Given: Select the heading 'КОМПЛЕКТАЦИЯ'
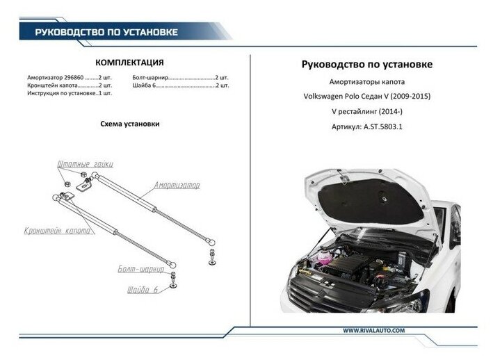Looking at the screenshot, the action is click(129, 61).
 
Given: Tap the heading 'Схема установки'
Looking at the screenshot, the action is click(130, 123).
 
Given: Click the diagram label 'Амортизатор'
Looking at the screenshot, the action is click(177, 187).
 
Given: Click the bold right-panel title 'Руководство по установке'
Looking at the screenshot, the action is click(366, 64).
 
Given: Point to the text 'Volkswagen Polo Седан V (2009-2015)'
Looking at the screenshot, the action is click(366, 96).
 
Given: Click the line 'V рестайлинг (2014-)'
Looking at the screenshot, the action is click(366, 112).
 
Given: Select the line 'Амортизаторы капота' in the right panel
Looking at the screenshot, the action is click(366, 81).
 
